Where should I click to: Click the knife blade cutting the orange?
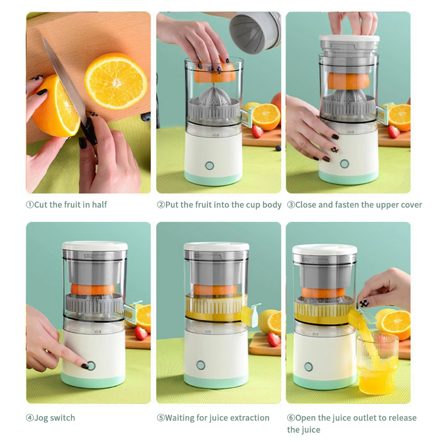64,80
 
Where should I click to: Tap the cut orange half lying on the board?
116,81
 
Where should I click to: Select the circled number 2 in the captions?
161,205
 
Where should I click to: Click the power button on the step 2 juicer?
210,166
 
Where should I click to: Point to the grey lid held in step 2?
255,32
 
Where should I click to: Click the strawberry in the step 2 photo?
257,132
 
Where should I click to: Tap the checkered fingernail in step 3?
334,150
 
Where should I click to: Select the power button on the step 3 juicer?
345,164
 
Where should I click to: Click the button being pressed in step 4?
91,366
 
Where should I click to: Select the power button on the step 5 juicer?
201,365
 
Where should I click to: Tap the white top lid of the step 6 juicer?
324,250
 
